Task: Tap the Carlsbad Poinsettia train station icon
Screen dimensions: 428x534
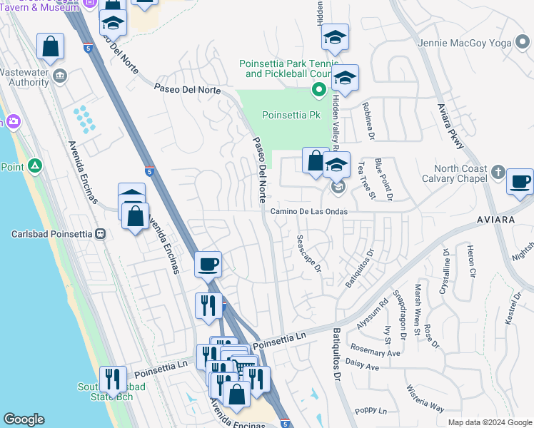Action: coord(101,234)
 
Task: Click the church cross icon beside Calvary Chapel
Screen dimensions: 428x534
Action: coord(498,173)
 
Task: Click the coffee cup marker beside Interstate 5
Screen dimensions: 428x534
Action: coord(208,265)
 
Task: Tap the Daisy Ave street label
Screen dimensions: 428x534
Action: coord(362,367)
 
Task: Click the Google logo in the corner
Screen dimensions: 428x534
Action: coord(24,420)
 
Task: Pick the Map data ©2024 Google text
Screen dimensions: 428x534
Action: coord(490,422)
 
